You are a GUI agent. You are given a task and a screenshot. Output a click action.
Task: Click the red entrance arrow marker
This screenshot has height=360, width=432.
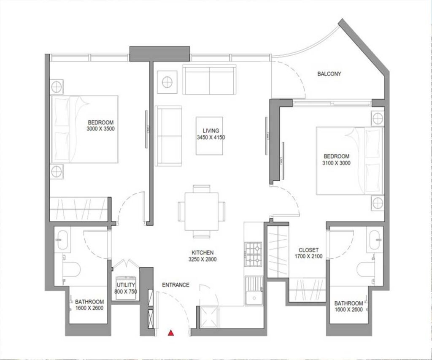171,333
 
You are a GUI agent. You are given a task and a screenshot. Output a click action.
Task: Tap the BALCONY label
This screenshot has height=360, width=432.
329,74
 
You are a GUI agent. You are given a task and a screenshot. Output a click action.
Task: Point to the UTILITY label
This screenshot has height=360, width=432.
126,285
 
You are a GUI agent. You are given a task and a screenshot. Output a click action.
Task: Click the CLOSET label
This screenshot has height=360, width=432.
308,249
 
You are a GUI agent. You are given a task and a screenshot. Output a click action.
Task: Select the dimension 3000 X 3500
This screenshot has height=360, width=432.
101,129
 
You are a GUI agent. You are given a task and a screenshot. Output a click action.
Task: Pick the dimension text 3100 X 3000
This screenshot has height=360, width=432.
336,162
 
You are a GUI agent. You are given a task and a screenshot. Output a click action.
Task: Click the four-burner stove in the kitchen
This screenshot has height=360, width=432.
254,255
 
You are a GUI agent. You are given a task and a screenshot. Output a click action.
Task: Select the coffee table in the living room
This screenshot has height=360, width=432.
209,136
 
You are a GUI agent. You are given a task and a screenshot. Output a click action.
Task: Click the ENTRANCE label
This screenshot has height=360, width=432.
175,285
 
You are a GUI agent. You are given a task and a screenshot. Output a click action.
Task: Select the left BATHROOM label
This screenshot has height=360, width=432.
89,302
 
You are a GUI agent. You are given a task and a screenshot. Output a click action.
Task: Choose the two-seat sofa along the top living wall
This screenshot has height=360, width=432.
209,80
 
